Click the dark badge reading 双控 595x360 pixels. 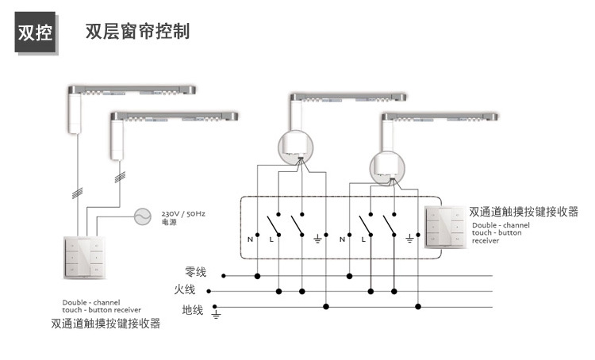point(36,35)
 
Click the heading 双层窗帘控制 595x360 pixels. point(138,33)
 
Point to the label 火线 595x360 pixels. point(185,290)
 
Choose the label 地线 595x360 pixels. point(193,309)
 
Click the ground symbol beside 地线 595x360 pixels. point(215,314)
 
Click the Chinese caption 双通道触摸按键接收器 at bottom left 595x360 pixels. point(106,324)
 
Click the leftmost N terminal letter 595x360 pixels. point(251,239)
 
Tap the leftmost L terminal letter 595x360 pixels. point(272,239)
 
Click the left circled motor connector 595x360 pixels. point(296,147)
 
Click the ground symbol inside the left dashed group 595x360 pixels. point(319,238)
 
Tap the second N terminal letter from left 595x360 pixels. point(341,239)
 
